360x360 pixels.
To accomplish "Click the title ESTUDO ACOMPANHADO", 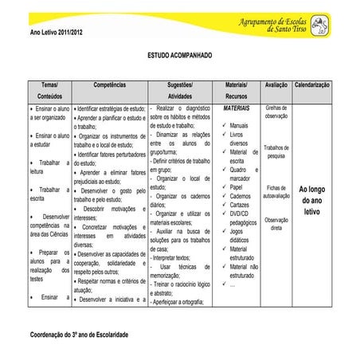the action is click(x=180, y=57).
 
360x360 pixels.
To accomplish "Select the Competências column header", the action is click(x=109, y=84).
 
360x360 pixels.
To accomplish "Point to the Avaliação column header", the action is click(x=276, y=84).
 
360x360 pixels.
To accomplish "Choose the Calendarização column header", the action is click(x=312, y=84).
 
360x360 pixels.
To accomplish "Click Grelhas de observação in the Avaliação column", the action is click(x=276, y=112).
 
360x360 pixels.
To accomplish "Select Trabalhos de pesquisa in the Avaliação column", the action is click(x=276, y=151).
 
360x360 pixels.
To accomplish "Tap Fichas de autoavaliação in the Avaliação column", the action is click(x=276, y=191).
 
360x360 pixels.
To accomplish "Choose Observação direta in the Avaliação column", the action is click(x=276, y=223).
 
